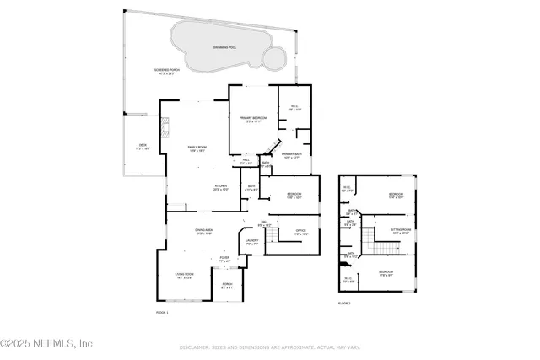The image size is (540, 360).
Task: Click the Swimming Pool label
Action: (224, 47)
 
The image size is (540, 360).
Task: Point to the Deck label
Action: (143, 147)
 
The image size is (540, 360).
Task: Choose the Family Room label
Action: (197, 149)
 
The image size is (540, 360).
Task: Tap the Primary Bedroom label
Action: (252, 119)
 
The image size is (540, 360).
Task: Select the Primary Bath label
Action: (292, 155)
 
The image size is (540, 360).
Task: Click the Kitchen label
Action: (220, 187)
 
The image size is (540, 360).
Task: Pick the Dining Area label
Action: (203, 232)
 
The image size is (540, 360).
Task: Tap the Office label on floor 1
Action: (300, 231)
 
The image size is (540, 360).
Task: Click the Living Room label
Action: (184, 275)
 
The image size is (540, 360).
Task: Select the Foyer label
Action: (224, 259)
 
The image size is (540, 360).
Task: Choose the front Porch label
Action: (227, 286)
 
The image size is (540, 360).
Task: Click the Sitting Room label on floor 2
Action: (400, 230)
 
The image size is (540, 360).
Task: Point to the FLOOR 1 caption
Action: (162, 313)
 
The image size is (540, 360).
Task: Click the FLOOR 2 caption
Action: (343, 303)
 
